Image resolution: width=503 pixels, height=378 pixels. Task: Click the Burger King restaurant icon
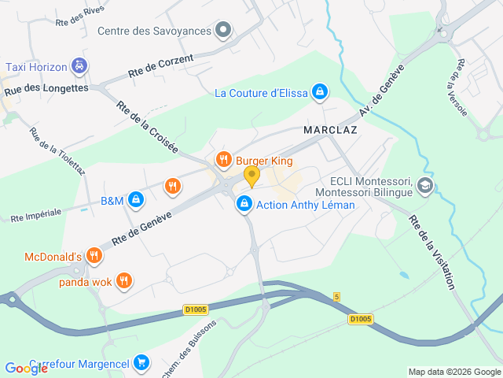224,160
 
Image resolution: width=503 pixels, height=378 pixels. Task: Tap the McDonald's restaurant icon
94,255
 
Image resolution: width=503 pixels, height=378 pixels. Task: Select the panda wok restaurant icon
123,280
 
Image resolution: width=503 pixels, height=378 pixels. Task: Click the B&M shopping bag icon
136,200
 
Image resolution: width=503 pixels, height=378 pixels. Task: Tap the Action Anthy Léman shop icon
244,205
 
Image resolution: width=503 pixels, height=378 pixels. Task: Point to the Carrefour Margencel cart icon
141,362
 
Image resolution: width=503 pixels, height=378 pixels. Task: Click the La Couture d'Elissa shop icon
319,93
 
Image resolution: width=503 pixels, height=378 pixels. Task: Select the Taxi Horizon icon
79,66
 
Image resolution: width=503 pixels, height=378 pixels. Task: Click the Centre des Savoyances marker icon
224,31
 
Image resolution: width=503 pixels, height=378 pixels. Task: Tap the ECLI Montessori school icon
425,186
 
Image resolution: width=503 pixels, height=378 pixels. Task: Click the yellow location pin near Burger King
251,176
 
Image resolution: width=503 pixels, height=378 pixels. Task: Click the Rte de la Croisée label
148,127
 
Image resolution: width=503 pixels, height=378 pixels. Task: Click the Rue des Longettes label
46,89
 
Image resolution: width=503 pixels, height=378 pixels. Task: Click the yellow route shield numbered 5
336,297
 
